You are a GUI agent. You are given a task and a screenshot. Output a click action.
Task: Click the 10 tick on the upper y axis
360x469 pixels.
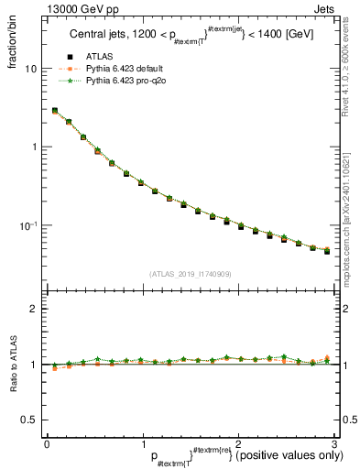pos(31,69)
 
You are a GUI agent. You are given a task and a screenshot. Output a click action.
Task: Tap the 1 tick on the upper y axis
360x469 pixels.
pos(34,147)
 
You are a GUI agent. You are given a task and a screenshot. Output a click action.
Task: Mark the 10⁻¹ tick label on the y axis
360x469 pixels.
pos(27,224)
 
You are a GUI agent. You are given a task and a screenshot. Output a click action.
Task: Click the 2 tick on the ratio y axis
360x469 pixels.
pos(34,309)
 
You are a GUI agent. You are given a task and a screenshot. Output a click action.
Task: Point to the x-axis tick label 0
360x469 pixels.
pos(47,443)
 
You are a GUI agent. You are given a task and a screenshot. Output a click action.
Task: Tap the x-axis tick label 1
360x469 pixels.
pos(142,443)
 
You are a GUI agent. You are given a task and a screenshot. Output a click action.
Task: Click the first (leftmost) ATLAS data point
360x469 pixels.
pos(55,111)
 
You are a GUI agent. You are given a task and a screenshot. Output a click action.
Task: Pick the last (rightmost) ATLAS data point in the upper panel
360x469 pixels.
pos(327,250)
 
